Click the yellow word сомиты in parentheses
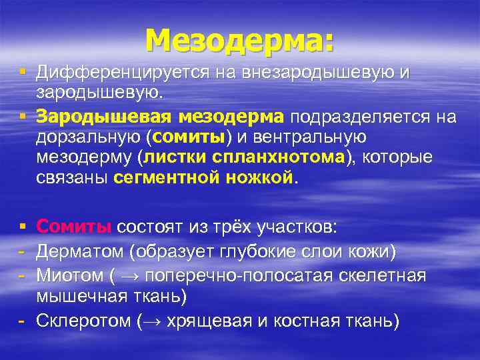[191, 138]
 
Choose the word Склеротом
[83, 321]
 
